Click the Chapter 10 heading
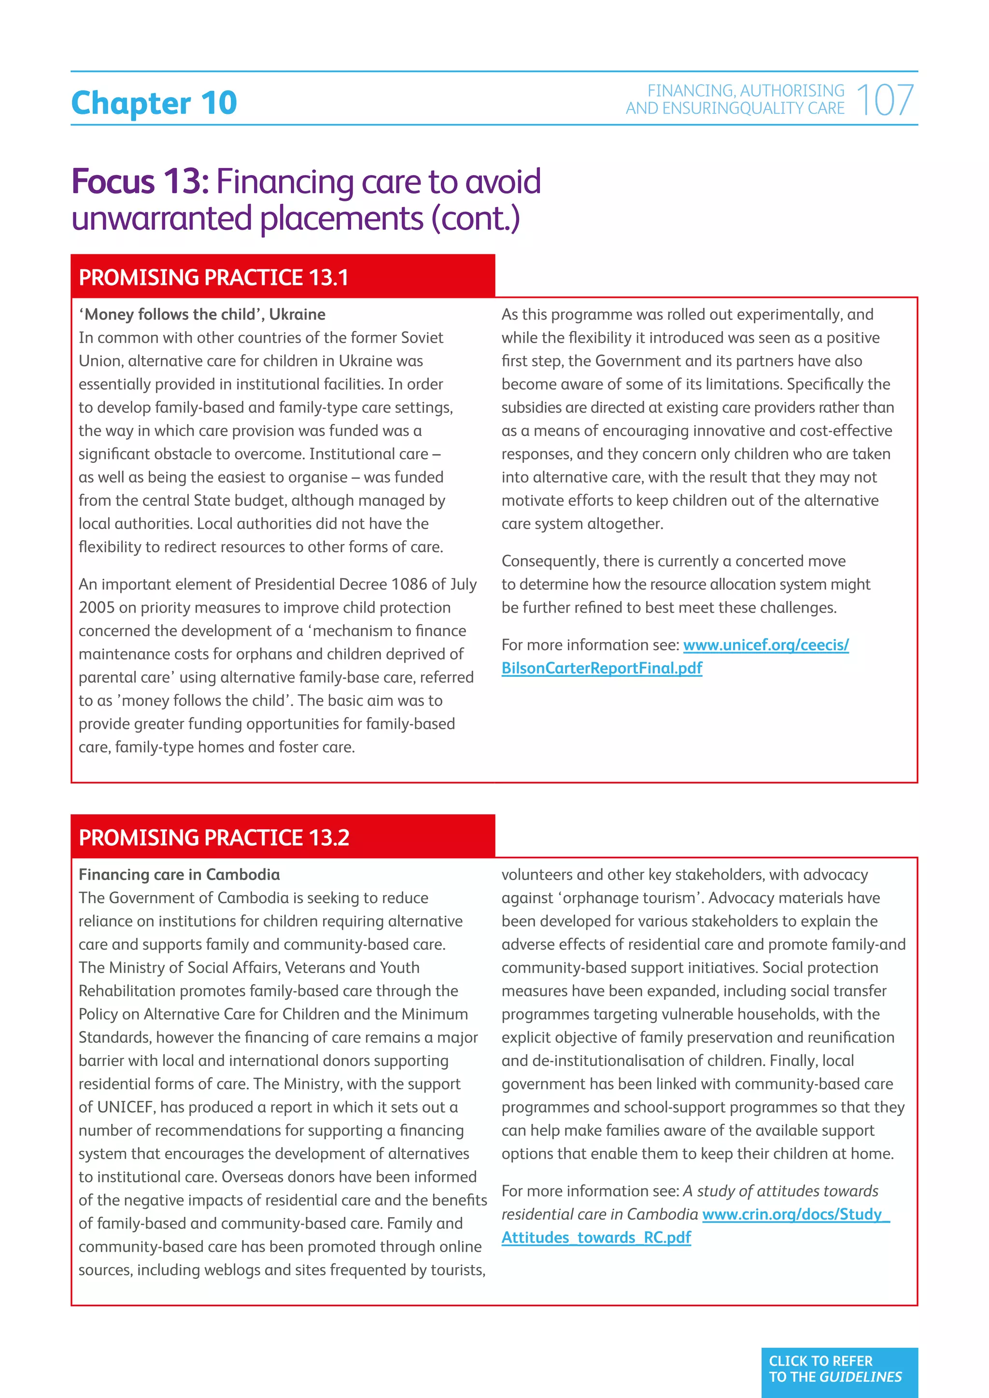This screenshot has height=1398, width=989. (154, 103)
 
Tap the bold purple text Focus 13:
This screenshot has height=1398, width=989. (140, 182)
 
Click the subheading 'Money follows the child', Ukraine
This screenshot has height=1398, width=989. (201, 314)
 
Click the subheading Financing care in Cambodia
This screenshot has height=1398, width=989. (179, 874)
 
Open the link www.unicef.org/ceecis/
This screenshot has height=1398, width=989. (765, 645)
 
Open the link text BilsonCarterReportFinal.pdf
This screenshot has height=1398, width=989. (602, 668)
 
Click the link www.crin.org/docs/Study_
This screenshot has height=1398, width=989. (795, 1214)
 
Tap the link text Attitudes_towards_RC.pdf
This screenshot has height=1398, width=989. (596, 1237)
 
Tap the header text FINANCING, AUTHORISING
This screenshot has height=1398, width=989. (746, 91)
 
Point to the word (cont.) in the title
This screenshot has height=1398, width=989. (476, 219)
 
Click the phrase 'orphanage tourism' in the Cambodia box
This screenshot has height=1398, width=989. (630, 898)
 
